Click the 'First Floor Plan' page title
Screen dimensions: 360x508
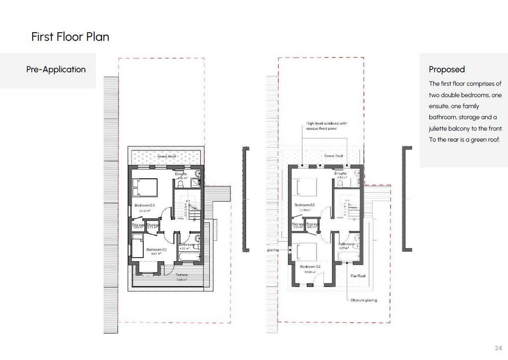pyautogui.click(x=70, y=37)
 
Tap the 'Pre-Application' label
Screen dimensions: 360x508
pyautogui.click(x=56, y=70)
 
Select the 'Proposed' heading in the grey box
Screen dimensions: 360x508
pyautogui.click(x=446, y=70)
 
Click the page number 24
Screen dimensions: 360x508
pyautogui.click(x=499, y=348)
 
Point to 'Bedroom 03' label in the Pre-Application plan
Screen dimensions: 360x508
pyautogui.click(x=145, y=206)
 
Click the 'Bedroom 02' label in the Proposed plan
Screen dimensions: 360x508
pyautogui.click(x=310, y=267)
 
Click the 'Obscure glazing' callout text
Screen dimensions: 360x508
pyautogui.click(x=364, y=300)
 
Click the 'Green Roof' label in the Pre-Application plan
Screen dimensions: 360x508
pyautogui.click(x=166, y=157)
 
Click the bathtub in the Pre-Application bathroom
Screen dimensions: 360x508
pyautogui.click(x=189, y=257)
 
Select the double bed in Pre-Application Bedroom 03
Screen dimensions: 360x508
pyautogui.click(x=144, y=188)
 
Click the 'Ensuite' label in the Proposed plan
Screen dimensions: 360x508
pyautogui.click(x=340, y=173)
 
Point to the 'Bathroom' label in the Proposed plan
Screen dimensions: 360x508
pyautogui.click(x=346, y=244)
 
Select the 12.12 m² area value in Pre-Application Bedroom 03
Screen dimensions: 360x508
pyautogui.click(x=145, y=211)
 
